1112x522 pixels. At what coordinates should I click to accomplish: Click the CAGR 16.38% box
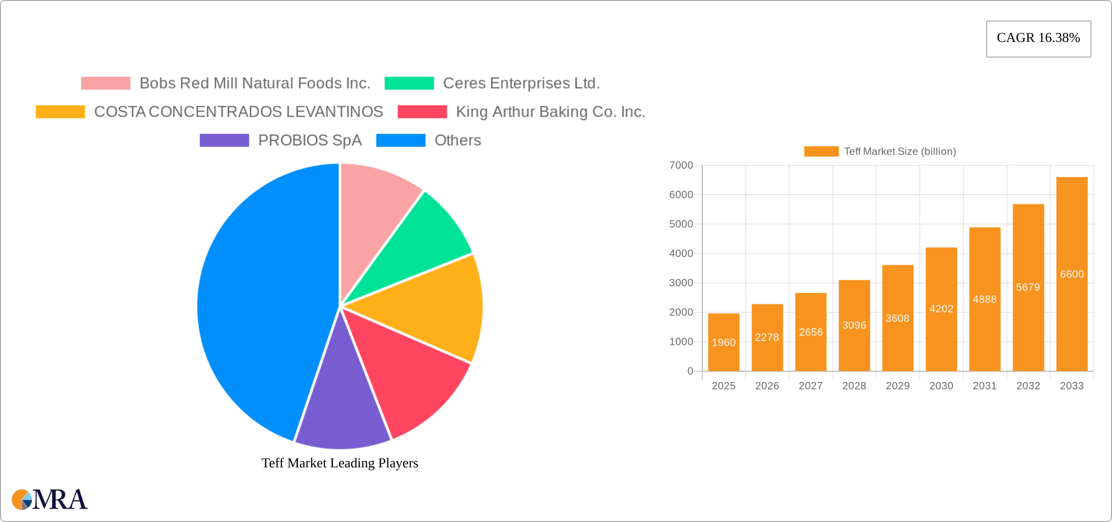[x=1038, y=39]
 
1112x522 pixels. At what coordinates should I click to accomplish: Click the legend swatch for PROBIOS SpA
[x=224, y=141]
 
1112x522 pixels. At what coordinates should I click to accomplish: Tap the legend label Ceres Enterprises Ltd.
[x=521, y=83]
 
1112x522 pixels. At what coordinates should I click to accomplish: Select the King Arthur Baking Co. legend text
[x=551, y=112]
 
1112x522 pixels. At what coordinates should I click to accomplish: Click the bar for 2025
[x=724, y=342]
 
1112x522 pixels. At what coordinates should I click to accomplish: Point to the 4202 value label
[x=941, y=309]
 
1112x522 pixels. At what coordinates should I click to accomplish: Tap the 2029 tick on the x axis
[x=898, y=386]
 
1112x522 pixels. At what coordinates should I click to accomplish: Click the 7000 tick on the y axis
[x=681, y=165]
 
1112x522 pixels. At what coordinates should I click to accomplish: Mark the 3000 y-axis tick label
[x=681, y=283]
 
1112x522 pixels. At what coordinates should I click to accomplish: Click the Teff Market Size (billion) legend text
[x=900, y=152]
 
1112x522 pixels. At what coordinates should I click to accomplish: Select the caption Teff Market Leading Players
[x=340, y=463]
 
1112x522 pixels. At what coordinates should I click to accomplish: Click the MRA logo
[x=50, y=499]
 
